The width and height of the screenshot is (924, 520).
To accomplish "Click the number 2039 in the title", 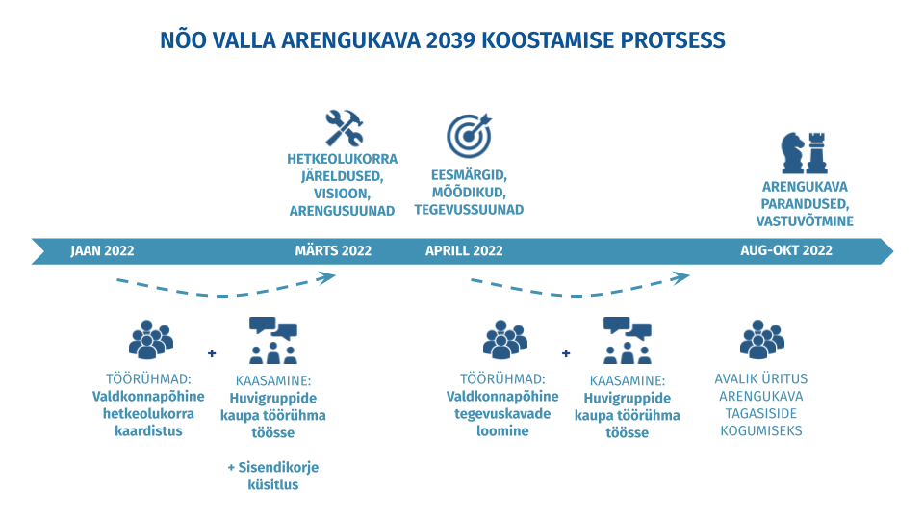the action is coord(450,40).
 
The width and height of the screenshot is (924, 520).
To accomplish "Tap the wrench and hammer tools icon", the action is coord(345,128).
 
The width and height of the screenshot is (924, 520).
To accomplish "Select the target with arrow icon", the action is coord(469,136).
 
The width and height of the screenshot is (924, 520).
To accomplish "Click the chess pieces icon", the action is coord(804,153).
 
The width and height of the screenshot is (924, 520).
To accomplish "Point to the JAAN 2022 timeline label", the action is coord(103,251).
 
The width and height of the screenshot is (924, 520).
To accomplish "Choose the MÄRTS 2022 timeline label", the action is coord(333,251).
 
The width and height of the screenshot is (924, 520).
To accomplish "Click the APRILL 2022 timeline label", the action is coord(464,251).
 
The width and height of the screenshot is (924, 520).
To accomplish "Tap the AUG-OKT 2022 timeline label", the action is coord(786,250).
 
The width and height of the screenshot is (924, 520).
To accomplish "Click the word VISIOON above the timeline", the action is coord(341,194).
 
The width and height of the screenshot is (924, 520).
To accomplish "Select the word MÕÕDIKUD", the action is coord(469,193).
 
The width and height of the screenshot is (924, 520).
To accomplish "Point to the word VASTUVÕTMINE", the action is coord(805,221).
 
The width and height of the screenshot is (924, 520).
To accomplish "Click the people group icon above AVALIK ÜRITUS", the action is coord(762,340).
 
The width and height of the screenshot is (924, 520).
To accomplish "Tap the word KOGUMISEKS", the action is coord(761,431).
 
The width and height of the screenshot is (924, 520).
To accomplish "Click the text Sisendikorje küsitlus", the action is coord(272,476).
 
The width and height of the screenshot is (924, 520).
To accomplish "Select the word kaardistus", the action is coord(148,431).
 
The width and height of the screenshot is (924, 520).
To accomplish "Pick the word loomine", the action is coord(502,431).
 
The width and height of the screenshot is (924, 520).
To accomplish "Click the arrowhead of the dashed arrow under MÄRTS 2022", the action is coord(327,277).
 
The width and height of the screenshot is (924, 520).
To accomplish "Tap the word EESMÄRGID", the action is coord(469,175).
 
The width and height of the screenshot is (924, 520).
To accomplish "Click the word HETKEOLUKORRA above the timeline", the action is coord(343,159).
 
